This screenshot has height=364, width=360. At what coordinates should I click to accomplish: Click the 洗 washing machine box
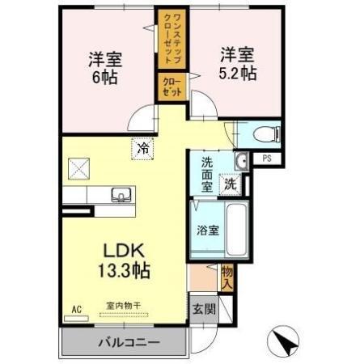231,184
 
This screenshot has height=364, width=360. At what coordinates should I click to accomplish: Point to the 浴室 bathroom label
208,230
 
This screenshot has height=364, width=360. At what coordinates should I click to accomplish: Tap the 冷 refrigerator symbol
143,148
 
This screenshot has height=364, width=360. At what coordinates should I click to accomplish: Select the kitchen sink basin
123,194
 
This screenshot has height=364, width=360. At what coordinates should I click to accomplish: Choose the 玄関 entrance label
204,308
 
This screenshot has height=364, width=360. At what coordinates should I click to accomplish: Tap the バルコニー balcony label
129,342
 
